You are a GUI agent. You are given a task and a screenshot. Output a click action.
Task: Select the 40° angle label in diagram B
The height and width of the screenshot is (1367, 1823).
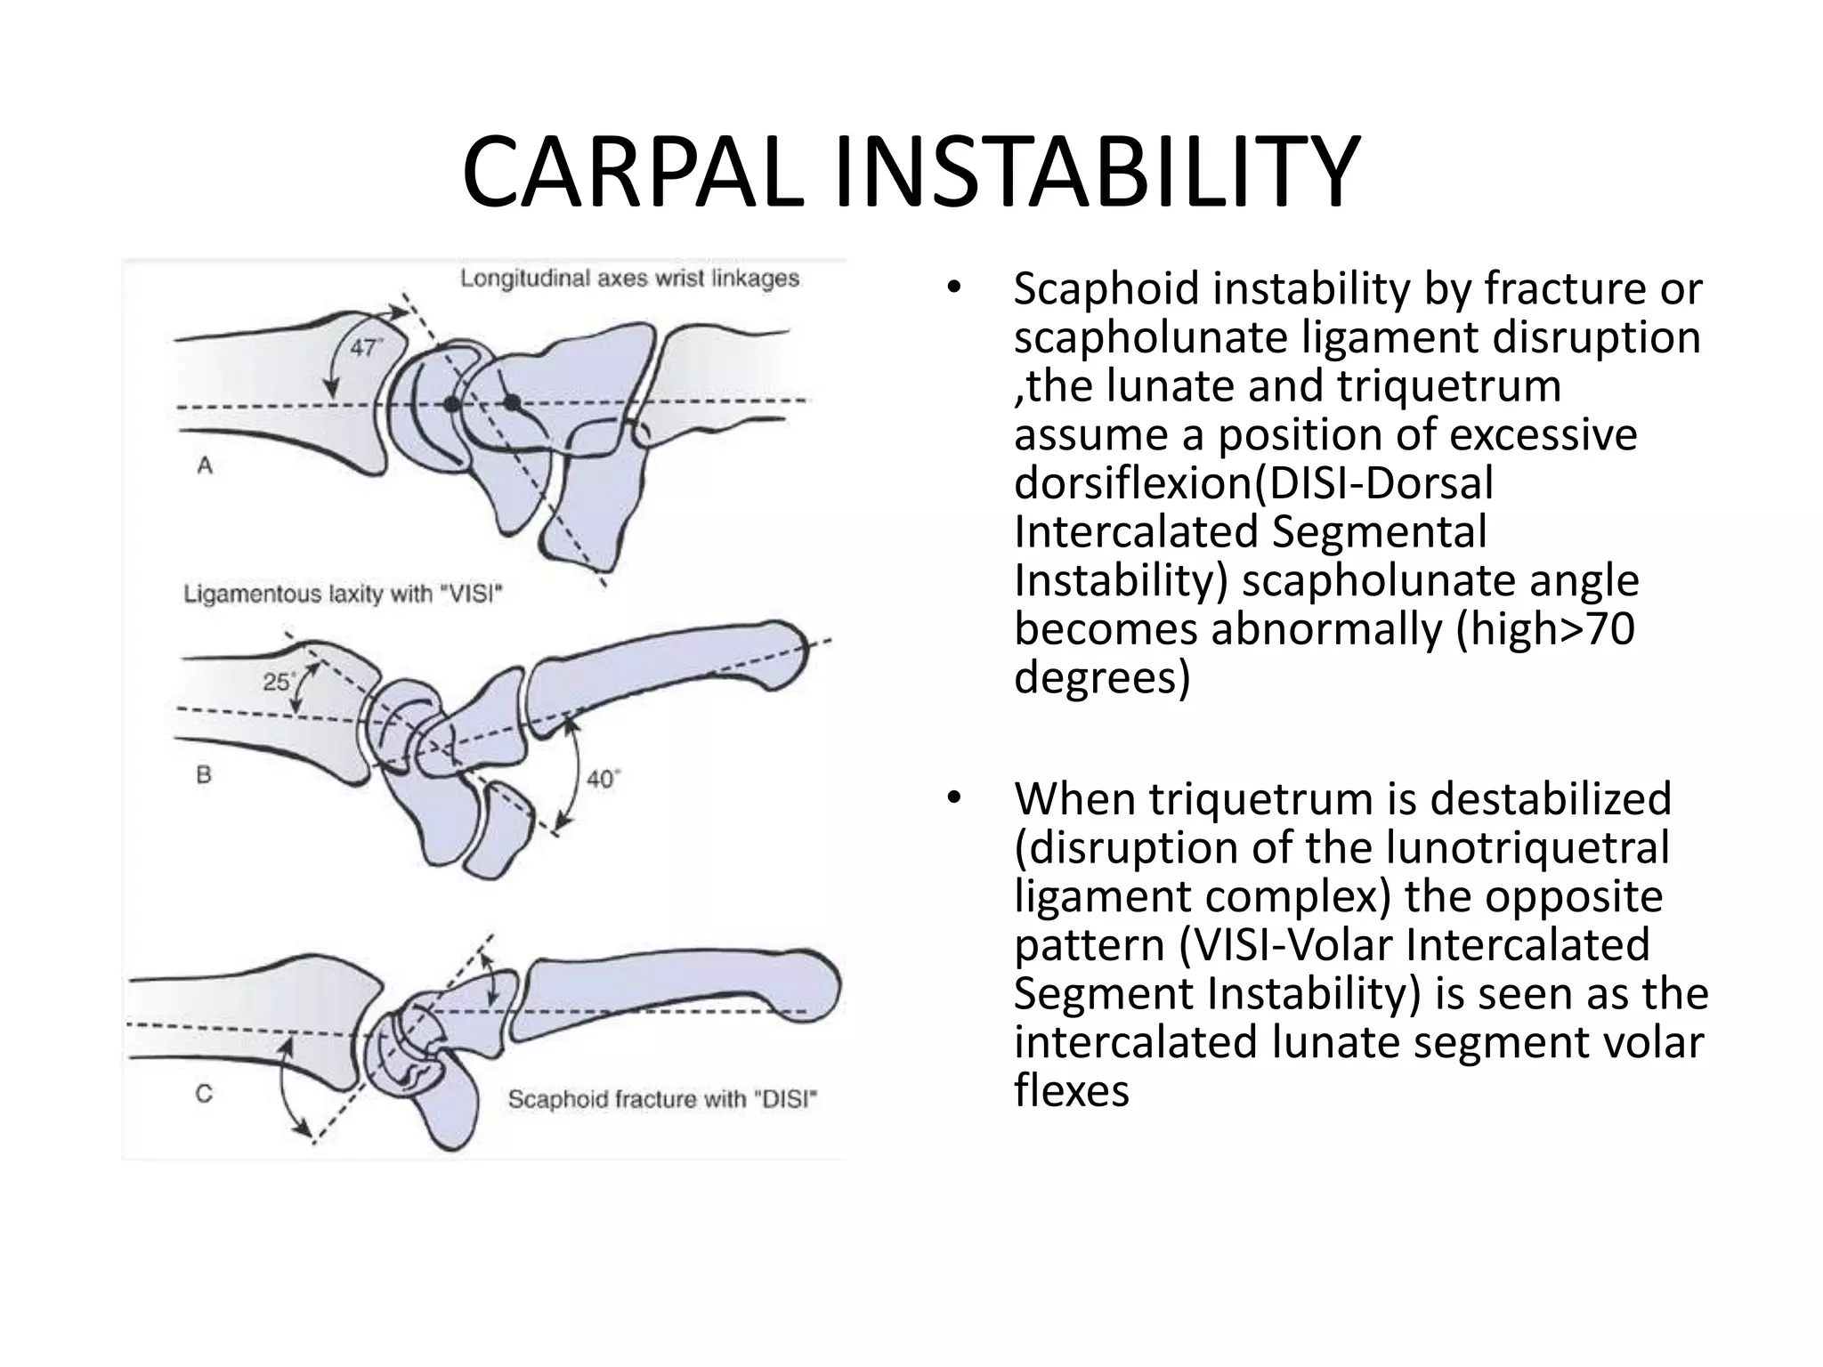tap(603, 780)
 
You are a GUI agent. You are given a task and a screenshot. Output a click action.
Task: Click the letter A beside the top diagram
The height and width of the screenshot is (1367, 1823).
tap(205, 465)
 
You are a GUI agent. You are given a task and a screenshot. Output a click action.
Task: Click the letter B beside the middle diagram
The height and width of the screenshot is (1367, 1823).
tap(204, 774)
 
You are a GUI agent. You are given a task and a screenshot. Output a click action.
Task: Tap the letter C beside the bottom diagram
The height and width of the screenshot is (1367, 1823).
tap(204, 1093)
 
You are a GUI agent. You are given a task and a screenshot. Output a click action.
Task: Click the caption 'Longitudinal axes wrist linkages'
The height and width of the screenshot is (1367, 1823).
tap(629, 279)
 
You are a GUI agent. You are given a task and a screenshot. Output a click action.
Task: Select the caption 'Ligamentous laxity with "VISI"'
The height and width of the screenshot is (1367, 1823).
tap(343, 594)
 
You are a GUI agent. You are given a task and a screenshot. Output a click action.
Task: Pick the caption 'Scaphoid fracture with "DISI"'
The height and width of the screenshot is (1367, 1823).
tap(661, 1100)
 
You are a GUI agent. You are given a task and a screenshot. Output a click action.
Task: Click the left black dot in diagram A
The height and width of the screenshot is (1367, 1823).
tap(452, 404)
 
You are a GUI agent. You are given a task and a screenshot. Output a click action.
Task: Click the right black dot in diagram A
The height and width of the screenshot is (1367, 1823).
tap(512, 403)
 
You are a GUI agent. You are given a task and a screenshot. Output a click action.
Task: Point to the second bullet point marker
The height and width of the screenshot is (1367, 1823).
tap(954, 797)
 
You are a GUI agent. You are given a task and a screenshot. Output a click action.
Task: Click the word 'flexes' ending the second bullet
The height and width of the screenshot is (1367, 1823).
tap(1071, 1090)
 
